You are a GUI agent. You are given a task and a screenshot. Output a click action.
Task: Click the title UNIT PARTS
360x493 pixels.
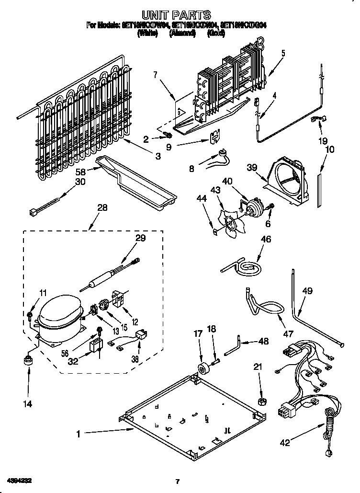point(176,15)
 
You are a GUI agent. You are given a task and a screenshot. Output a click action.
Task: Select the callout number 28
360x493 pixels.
point(102,207)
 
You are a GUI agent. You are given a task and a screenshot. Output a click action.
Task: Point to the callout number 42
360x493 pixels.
point(284,443)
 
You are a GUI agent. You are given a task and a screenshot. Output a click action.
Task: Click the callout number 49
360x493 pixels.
point(307,290)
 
